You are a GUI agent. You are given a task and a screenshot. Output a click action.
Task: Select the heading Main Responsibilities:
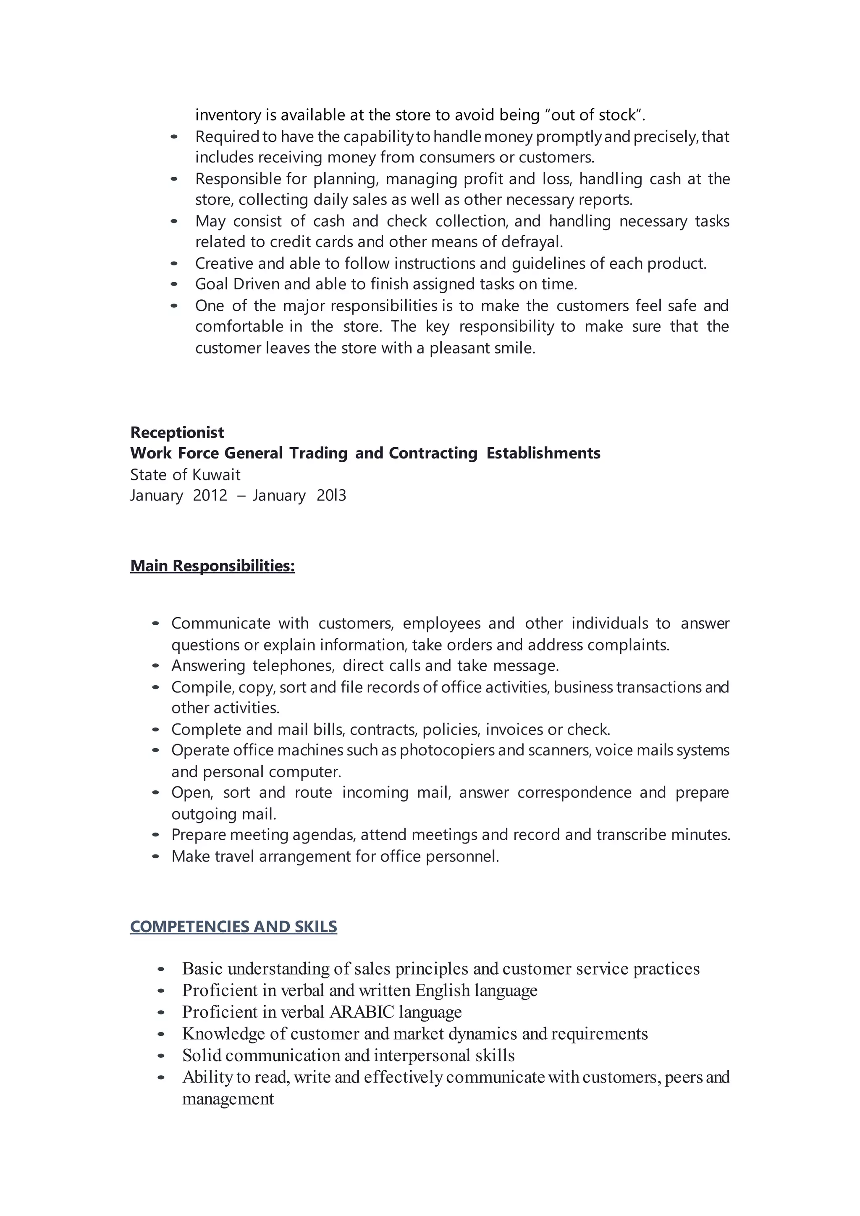point(212,566)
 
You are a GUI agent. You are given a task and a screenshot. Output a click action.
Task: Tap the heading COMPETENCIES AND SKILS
point(233,926)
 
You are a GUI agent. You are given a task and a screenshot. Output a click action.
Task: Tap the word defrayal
point(532,241)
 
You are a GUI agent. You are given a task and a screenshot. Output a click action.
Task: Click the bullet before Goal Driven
point(174,284)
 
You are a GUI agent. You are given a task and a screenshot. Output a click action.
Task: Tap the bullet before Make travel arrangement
point(155,857)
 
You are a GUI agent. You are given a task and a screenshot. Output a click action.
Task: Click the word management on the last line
point(228,1099)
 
